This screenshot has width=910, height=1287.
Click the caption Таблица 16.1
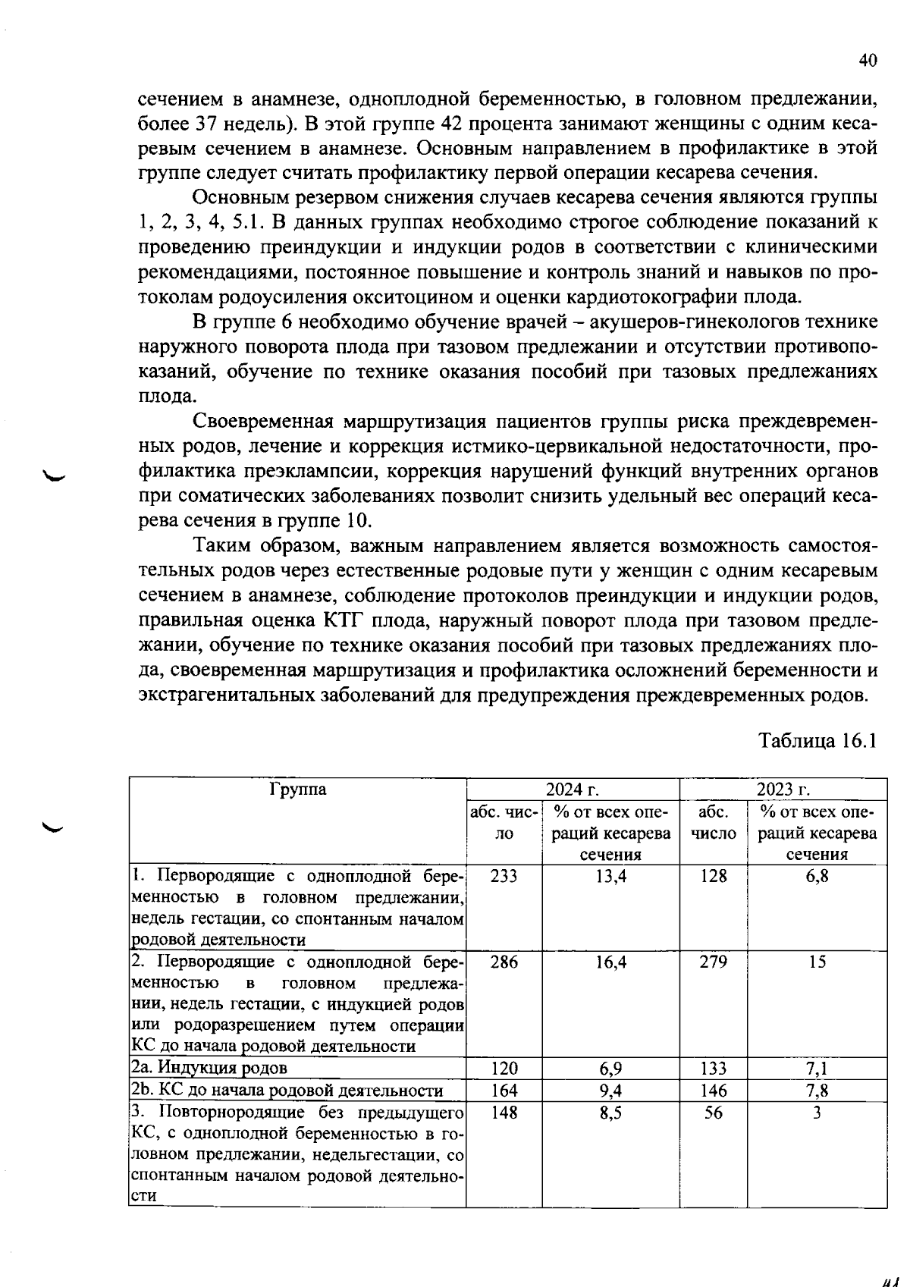818,740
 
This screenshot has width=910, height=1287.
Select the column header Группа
297,789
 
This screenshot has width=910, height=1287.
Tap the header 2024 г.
573,789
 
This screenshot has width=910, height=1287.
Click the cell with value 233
504,876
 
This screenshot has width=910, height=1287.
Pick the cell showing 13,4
610,876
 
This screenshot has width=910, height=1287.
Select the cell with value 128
714,876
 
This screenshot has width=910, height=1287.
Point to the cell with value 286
504,962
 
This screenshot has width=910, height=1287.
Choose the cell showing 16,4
610,962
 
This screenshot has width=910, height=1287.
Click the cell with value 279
714,962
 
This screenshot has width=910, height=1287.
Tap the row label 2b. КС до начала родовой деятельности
287,1091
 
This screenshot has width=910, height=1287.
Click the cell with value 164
504,1091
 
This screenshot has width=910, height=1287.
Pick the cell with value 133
714,1068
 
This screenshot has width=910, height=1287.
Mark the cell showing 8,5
610,1113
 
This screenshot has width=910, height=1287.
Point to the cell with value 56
714,1113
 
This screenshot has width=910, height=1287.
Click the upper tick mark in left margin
55,476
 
